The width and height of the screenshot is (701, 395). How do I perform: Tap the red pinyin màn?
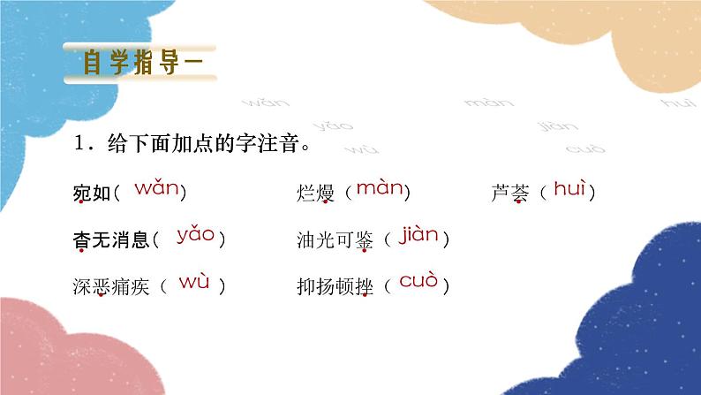379,188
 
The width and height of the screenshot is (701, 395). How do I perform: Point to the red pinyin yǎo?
195,235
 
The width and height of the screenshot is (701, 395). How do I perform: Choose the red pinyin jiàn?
418,235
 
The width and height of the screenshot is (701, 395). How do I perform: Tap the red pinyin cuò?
418,283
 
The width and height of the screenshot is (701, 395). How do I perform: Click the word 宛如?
93,192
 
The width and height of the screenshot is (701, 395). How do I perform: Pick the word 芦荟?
509,192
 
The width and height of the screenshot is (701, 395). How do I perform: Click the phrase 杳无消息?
110,239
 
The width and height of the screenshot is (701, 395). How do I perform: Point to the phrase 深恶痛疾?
110,286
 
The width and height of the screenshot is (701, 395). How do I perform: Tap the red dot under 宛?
82,203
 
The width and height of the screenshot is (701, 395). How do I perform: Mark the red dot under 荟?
520,203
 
